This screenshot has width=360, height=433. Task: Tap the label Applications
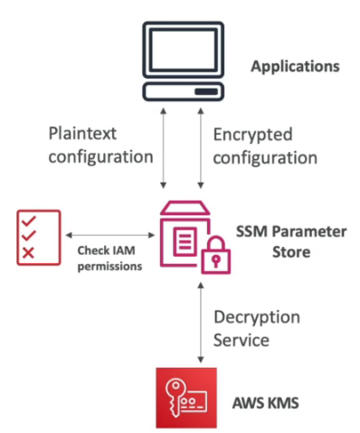296,67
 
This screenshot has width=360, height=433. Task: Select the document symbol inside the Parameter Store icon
185,240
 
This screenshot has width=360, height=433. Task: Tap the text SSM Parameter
294,231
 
